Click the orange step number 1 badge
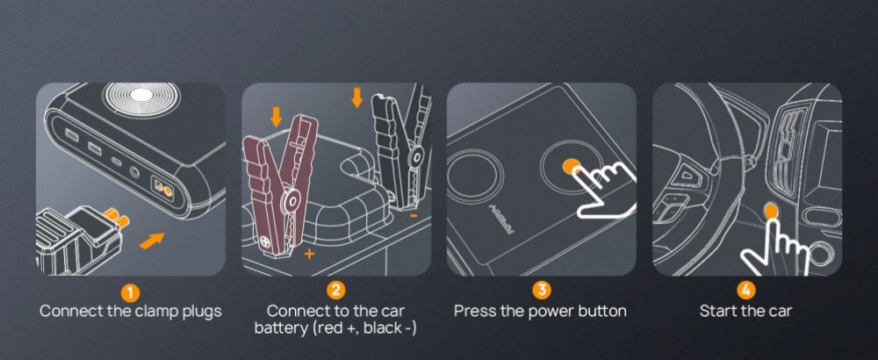coord(130,291)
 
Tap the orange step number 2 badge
coord(335,290)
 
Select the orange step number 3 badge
coord(541,290)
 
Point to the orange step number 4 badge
coord(745,290)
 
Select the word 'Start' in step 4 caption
coord(718,311)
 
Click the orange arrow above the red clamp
coord(276,116)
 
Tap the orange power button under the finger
coord(570,164)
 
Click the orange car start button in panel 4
coord(771,211)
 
